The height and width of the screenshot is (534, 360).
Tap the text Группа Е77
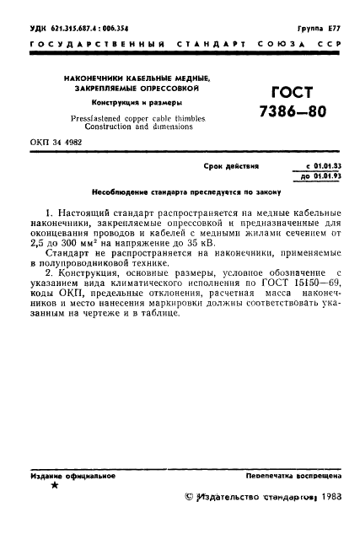tap(320, 28)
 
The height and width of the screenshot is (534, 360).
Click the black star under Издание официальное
tap(55, 487)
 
